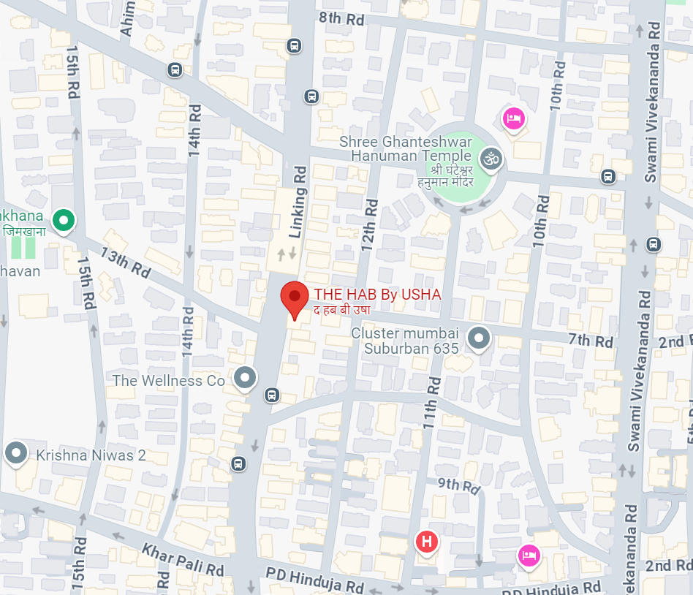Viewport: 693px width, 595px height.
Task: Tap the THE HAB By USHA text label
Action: pyautogui.click(x=377, y=295)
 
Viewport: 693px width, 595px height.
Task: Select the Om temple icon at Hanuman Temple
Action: pyautogui.click(x=491, y=157)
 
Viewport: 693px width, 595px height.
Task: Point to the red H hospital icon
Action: pyautogui.click(x=427, y=542)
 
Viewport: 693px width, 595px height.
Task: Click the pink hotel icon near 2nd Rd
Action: pyautogui.click(x=529, y=555)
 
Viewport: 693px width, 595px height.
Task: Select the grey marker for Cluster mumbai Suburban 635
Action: pyautogui.click(x=479, y=338)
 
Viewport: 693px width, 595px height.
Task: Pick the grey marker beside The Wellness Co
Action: pyautogui.click(x=246, y=378)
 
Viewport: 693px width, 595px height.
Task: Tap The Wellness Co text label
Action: pyautogui.click(x=168, y=381)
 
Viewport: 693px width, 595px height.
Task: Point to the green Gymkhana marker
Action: pyautogui.click(x=64, y=219)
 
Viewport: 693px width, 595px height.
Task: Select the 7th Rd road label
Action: pyautogui.click(x=590, y=341)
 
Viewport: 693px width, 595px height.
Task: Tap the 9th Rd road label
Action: pyautogui.click(x=458, y=485)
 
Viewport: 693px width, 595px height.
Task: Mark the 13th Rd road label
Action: pyautogui.click(x=126, y=262)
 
